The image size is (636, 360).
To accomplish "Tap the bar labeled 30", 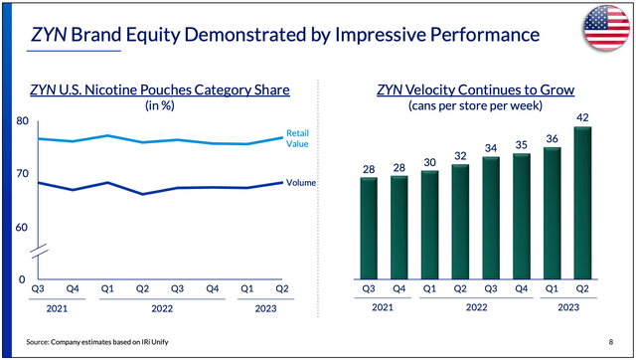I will tap(430, 224).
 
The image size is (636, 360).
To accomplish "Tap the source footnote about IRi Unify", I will tap(100, 340).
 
